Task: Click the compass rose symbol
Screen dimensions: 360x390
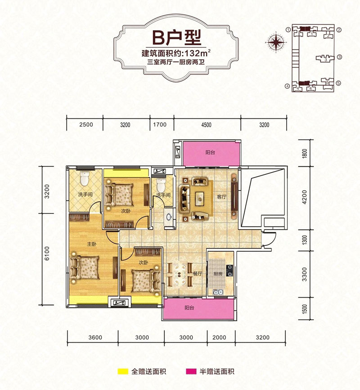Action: click(276, 42)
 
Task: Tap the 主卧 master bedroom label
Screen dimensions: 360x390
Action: click(92, 244)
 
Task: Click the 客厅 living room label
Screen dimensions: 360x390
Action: click(221, 197)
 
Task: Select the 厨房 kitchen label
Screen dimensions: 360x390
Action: click(217, 274)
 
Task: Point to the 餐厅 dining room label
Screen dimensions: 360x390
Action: click(198, 274)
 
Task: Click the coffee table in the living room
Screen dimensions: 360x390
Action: click(200, 199)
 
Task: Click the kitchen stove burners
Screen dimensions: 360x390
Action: click(229, 271)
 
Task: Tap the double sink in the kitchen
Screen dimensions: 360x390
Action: click(219, 292)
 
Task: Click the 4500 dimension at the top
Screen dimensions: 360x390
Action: click(207, 125)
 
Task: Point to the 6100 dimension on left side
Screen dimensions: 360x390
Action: click(47, 254)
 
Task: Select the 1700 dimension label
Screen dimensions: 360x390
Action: click(160, 124)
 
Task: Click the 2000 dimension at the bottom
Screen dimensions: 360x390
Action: click(219, 337)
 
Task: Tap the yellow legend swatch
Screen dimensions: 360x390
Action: click(123, 372)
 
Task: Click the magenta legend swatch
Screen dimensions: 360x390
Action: click(191, 372)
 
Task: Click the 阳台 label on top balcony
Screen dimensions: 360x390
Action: click(210, 152)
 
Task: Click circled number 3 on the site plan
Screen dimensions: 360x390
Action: click(339, 57)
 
